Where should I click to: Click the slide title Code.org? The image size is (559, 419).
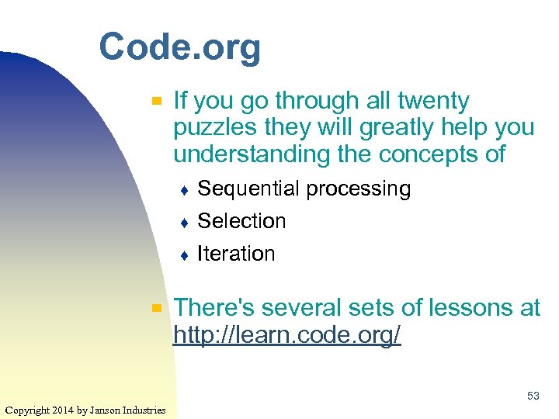point(179,48)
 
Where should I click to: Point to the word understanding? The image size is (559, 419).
point(252,154)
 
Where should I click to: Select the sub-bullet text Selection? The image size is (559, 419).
point(241,221)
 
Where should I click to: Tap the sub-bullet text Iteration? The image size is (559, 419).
point(236,254)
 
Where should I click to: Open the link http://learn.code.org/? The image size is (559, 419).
point(287,335)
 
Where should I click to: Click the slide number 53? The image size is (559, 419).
point(533,396)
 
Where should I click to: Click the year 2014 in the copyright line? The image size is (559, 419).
point(60,410)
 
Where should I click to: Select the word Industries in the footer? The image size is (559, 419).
point(145,410)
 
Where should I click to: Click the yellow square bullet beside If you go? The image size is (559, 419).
point(156,101)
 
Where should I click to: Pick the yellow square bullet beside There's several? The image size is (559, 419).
point(156,308)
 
